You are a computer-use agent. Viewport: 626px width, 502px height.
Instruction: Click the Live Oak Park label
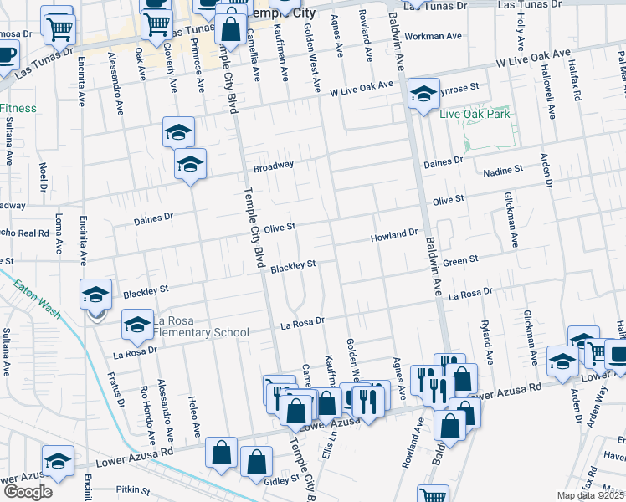pyautogui.click(x=475, y=114)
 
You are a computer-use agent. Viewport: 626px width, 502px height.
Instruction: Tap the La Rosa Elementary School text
pyautogui.click(x=201, y=326)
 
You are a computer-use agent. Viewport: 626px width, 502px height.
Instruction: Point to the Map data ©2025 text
pyautogui.click(x=591, y=495)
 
